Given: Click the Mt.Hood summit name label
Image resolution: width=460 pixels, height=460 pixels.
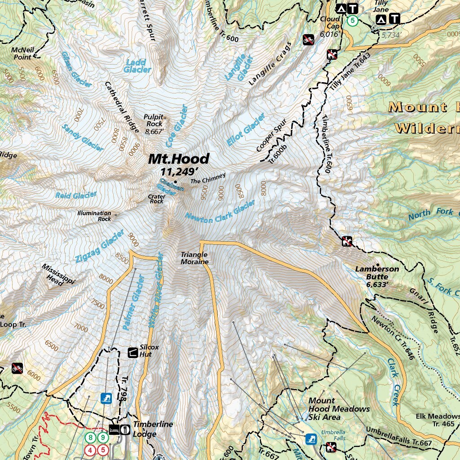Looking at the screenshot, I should click(179, 159).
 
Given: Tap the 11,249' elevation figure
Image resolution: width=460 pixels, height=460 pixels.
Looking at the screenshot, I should click(179, 172).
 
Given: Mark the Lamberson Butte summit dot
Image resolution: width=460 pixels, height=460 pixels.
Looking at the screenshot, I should click(378, 265).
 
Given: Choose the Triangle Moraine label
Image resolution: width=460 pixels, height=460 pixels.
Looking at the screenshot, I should click(195, 258).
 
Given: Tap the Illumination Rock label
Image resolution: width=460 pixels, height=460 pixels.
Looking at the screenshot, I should click(94, 216).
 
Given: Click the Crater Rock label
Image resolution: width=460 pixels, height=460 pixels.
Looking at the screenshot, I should click(156, 199).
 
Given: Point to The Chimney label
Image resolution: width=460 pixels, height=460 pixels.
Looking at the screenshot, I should click(208, 181).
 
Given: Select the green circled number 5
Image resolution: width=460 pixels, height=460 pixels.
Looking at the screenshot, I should click(353, 20).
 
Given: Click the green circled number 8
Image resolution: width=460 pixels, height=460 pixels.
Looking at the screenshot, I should click(91, 437).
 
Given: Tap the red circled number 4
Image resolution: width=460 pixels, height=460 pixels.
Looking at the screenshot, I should click(91, 449).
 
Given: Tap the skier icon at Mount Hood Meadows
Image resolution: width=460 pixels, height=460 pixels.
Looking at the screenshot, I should click(310, 438).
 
